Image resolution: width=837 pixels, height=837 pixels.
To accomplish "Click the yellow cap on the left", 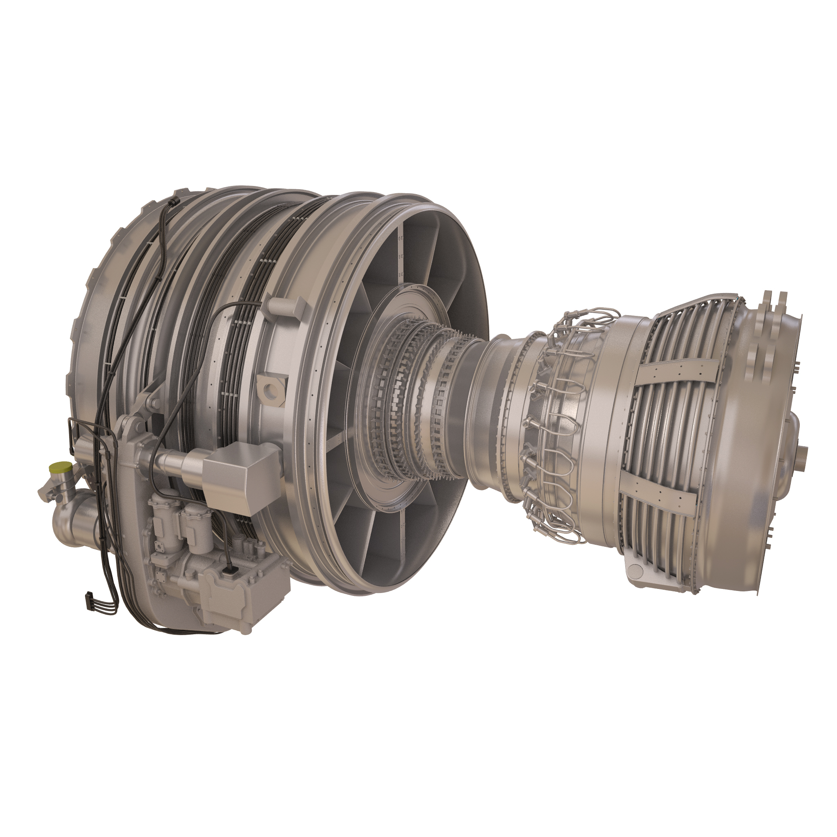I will tap(60, 468).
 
